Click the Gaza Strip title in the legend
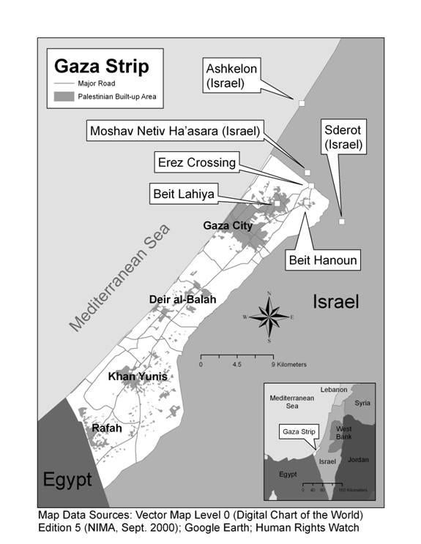[x=102, y=67]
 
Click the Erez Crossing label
[x=196, y=162]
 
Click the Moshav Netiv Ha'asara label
[x=174, y=132]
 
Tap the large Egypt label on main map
[x=67, y=480]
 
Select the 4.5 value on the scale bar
[x=236, y=363]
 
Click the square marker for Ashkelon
[x=301, y=104]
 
